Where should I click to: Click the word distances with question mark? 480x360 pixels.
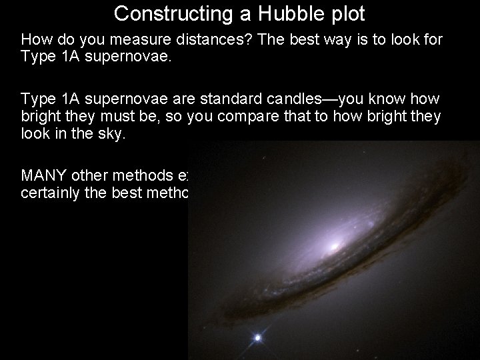pyautogui.click(x=195, y=39)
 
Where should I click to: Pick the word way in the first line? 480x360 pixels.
pyautogui.click(x=313, y=39)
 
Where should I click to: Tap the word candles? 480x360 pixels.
pyautogui.click(x=295, y=99)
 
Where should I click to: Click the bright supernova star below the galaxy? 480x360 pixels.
pyautogui.click(x=257, y=338)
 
